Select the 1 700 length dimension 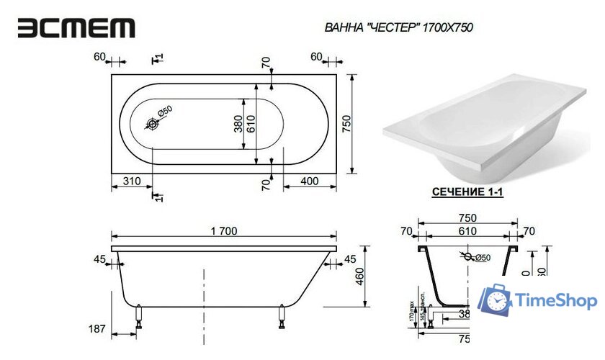click(224, 231)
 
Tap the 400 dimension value click(310, 181)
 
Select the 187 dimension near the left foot click(97, 329)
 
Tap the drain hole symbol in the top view click(153, 125)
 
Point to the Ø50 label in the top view click(164, 112)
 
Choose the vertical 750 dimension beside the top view click(346, 125)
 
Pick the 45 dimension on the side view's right click(350, 258)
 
